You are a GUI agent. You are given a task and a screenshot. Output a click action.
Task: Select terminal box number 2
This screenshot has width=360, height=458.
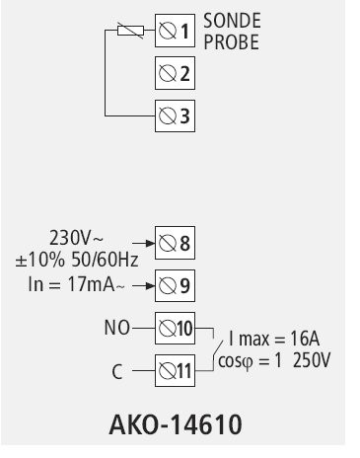coord(175,73)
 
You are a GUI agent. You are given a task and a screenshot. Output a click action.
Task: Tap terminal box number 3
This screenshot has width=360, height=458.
coord(175,115)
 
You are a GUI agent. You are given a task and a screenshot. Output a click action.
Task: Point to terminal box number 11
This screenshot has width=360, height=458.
coord(175,371)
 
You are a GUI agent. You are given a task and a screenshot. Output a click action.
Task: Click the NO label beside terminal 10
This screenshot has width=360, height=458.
coord(116,325)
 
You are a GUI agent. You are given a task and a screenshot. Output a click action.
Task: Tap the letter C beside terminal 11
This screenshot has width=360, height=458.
coord(116,372)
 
